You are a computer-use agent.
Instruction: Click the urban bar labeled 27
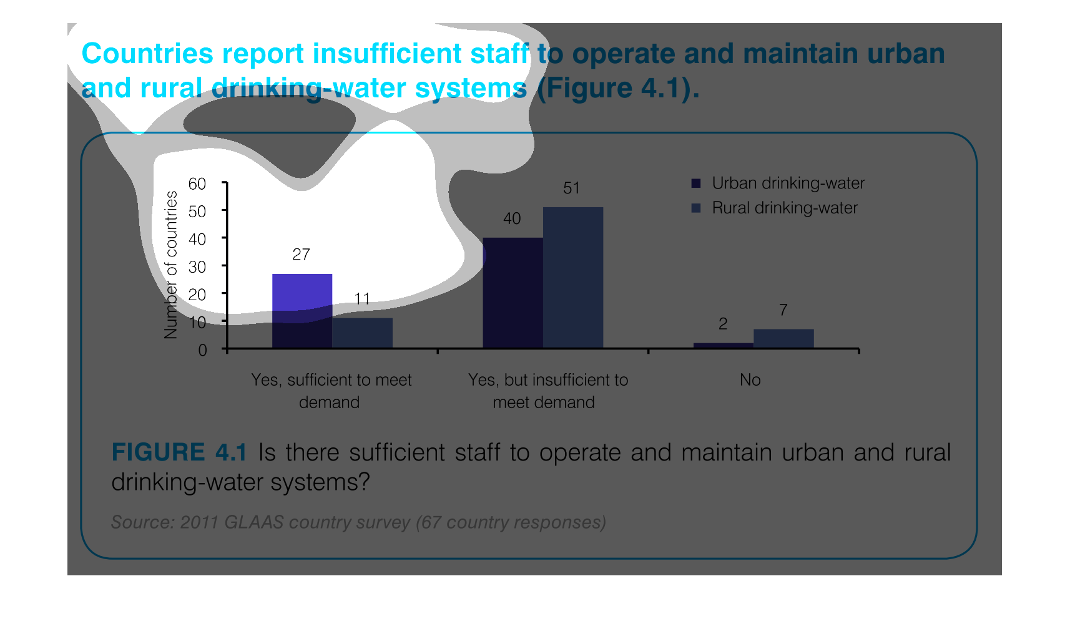[302, 311]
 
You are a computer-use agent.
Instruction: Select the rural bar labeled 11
[363, 333]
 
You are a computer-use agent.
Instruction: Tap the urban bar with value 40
[513, 293]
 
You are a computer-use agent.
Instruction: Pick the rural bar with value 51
[573, 277]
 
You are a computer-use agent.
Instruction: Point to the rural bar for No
[784, 338]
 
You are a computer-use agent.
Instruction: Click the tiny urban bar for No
[724, 345]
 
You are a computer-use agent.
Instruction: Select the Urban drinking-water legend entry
[778, 183]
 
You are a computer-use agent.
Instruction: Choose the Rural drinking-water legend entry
[774, 208]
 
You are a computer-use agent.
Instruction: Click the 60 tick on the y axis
[197, 184]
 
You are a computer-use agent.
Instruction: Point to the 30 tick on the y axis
[197, 267]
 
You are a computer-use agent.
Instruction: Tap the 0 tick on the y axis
[202, 350]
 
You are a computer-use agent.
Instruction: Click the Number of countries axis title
[170, 265]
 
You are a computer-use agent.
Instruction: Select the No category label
[750, 380]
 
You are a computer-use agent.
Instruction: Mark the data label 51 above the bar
[571, 188]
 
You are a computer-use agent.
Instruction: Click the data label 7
[783, 310]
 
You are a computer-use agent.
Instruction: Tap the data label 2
[723, 324]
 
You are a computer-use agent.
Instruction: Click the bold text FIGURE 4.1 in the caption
[179, 452]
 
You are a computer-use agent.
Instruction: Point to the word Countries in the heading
[147, 54]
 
